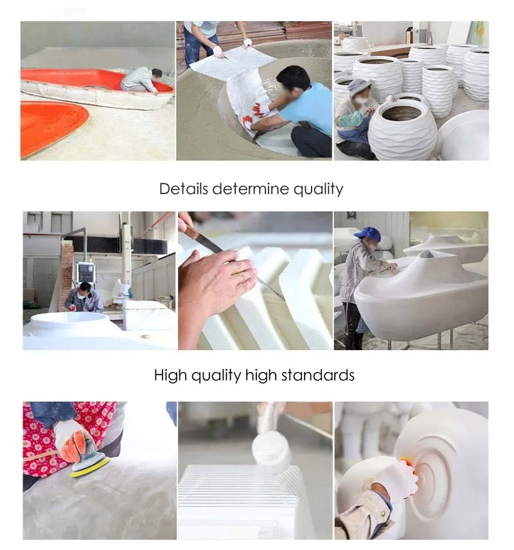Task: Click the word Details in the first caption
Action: (x=184, y=189)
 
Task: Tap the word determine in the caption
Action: (x=251, y=189)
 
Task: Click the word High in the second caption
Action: (x=171, y=376)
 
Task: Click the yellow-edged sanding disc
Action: (x=91, y=465)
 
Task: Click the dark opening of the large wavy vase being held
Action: (x=402, y=114)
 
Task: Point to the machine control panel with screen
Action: (x=86, y=272)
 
